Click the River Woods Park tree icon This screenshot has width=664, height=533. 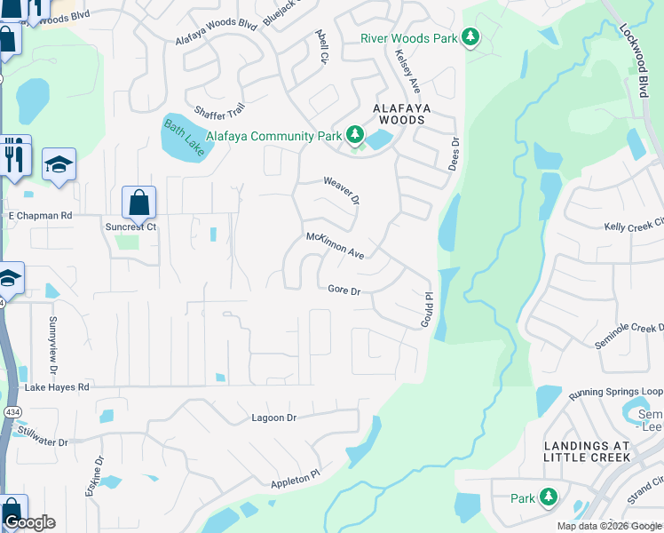[470, 37]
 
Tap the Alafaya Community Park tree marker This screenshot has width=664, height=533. [355, 136]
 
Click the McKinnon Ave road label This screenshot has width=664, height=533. [336, 245]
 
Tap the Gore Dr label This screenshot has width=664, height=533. [344, 290]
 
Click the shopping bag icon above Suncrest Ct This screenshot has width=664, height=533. [139, 203]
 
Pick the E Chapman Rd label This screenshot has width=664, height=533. [39, 215]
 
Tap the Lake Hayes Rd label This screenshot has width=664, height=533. [57, 387]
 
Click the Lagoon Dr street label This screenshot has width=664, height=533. [273, 418]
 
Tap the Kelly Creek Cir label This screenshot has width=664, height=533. [633, 226]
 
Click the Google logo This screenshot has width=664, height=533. [29, 522]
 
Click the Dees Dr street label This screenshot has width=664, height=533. [455, 153]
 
